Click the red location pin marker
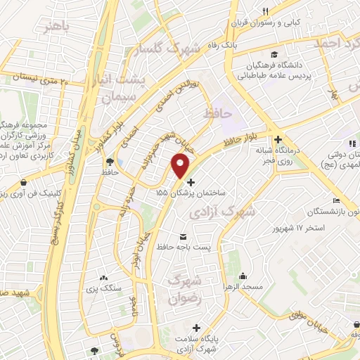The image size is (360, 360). [x=181, y=166]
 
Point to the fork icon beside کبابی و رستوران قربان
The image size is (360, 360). [x=266, y=11]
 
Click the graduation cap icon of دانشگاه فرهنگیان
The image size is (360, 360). [x=273, y=53]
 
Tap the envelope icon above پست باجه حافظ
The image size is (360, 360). [x=184, y=236]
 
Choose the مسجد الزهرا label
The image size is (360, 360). [x=243, y=288]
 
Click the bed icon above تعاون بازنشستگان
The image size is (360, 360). [x=336, y=199]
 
